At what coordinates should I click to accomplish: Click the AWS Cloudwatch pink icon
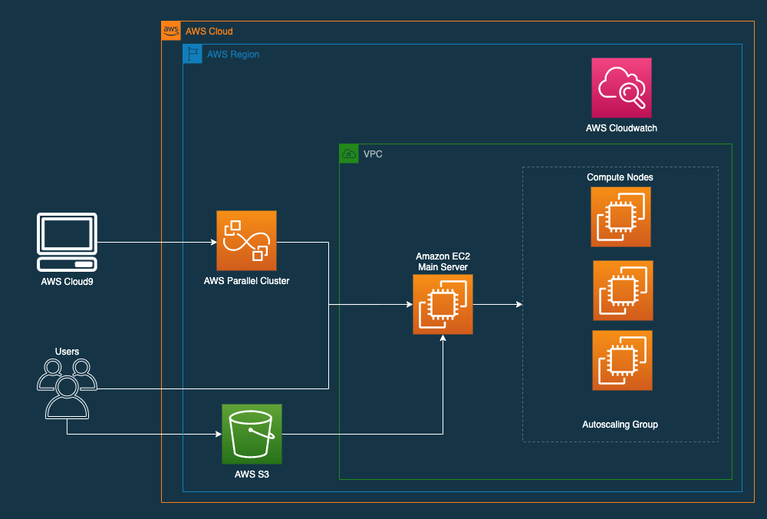[621, 88]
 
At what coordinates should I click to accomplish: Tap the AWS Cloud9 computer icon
[67, 243]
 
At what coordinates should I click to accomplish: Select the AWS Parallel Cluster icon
[246, 240]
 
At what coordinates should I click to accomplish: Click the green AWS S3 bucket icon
[252, 434]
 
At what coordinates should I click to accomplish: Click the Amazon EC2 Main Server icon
[443, 304]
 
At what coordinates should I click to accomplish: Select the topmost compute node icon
[621, 217]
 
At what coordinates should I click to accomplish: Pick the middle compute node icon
[623, 290]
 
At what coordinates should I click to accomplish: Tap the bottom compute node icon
[622, 360]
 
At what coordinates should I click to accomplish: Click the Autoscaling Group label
[620, 425]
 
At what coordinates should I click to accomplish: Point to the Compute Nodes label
[620, 177]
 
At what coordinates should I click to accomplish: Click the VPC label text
[373, 154]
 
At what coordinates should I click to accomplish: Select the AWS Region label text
[233, 55]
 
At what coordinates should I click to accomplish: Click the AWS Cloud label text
[209, 31]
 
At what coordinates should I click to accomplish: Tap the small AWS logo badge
[170, 31]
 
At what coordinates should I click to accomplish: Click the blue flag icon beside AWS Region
[192, 54]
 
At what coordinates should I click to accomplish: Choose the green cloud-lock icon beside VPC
[348, 154]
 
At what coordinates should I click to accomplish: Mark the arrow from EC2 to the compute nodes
[497, 304]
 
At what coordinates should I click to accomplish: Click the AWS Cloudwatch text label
[621, 128]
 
